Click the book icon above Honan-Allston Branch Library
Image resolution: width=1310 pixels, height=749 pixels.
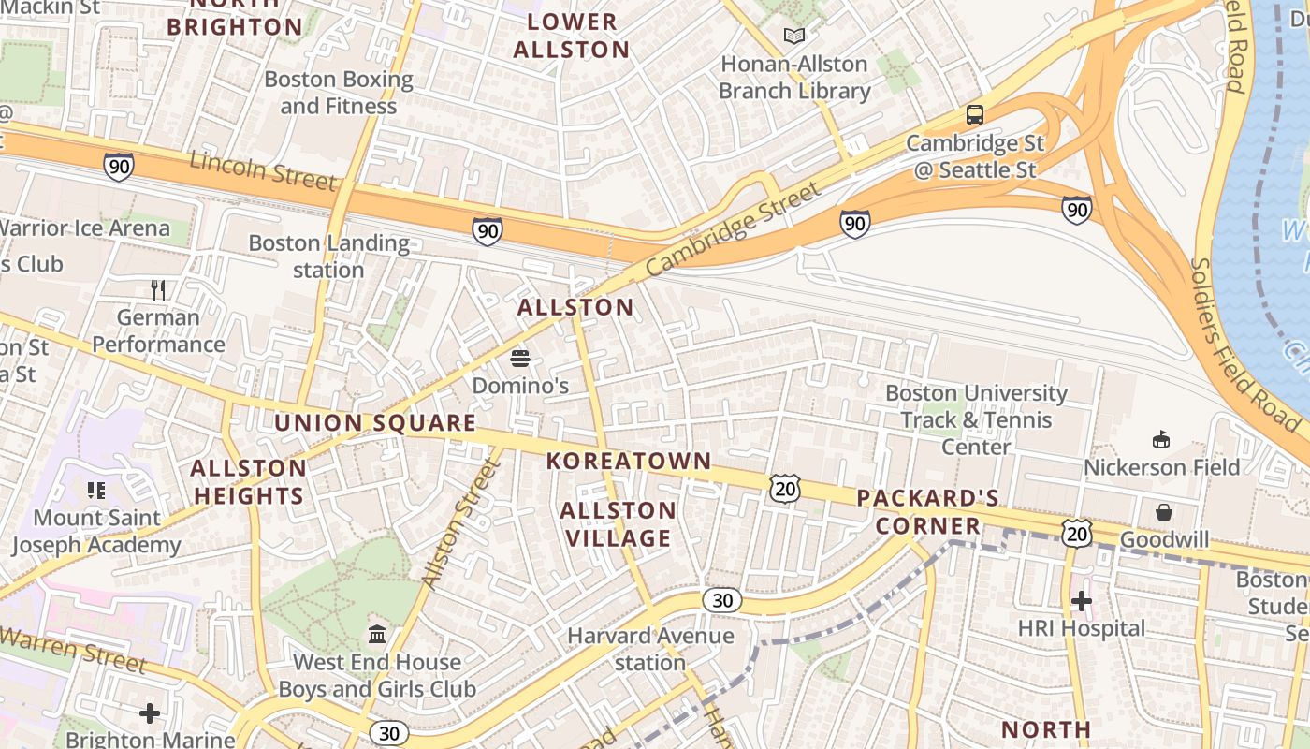[794, 37]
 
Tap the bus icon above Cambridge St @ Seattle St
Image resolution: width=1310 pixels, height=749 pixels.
[975, 115]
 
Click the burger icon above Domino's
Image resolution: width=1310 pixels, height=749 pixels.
[520, 358]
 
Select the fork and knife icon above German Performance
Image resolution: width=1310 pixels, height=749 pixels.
[158, 290]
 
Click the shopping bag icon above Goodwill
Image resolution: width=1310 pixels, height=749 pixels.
[1164, 512]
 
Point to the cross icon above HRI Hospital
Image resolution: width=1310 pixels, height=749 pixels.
[1082, 600]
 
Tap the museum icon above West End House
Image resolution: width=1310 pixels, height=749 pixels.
[377, 635]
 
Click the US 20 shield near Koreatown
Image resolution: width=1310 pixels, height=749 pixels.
[786, 488]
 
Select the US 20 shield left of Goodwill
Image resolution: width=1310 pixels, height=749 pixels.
[1077, 534]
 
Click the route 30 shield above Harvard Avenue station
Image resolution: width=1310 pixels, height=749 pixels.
[722, 600]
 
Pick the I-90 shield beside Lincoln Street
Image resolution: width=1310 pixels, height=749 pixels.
[119, 167]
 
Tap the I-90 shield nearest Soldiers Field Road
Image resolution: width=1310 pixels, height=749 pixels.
[1077, 209]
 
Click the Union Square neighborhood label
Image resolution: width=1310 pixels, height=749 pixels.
[375, 422]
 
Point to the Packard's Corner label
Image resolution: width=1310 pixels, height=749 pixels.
[928, 511]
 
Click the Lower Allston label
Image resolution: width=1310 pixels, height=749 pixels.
[572, 36]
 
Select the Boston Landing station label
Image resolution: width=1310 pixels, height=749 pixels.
[328, 257]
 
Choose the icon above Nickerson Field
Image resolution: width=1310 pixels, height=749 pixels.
[1161, 439]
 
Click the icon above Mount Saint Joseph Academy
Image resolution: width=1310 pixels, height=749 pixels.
[95, 490]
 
